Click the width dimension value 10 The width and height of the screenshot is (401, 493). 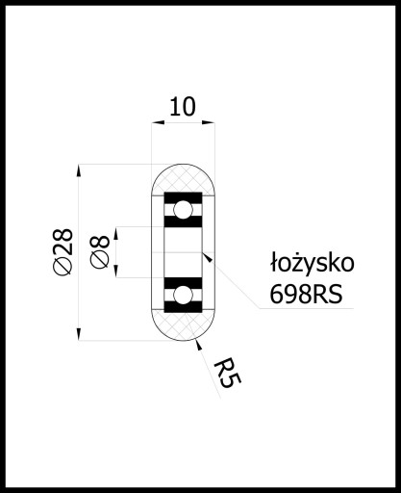point(182,107)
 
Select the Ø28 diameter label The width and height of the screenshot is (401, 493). point(63,251)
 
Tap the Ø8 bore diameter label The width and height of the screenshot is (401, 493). point(100,251)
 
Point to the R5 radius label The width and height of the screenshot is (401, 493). point(227,374)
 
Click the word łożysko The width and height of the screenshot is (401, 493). point(312,264)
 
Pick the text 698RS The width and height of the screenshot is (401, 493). point(306,295)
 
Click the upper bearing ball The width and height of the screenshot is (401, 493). point(183,210)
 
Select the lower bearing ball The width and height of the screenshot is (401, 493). point(183,295)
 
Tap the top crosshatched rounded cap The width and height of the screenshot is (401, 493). point(183,179)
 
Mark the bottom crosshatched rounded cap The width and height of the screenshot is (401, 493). point(183,324)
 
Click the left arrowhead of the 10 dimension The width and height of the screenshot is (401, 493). point(158,122)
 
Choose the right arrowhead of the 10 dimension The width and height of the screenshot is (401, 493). point(209,122)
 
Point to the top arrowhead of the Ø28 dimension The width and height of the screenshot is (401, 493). point(79,170)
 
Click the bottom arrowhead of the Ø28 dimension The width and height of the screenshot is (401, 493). point(79,334)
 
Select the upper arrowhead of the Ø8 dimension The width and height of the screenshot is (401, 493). point(116,233)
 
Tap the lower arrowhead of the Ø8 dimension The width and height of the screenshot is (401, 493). point(116,272)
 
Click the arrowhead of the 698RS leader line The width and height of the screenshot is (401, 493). point(208,258)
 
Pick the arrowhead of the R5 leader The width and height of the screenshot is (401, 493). point(199,346)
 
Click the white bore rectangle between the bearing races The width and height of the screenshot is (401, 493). point(183,252)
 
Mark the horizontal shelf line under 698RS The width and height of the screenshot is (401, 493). point(307,309)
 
